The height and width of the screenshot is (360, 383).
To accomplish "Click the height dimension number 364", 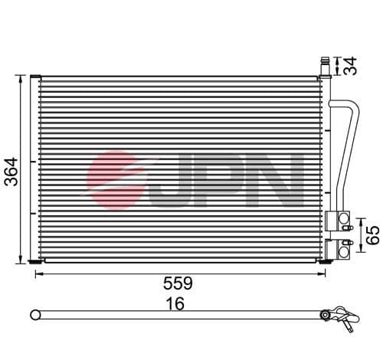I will (x=8, y=169).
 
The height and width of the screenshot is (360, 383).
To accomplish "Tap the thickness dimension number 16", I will (x=175, y=304).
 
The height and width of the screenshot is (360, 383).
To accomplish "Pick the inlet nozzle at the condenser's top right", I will (x=325, y=64).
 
